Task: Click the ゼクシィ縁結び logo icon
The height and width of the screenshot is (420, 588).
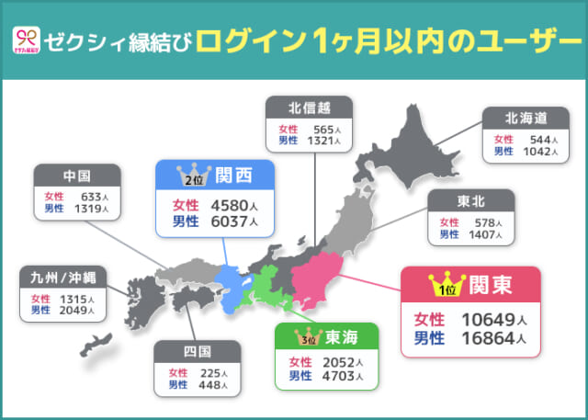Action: [x=27, y=40]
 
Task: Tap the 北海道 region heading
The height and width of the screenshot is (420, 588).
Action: [x=526, y=118]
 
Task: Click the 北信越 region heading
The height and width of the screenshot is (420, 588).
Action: [x=303, y=108]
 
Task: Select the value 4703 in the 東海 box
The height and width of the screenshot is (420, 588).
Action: [x=339, y=375]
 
